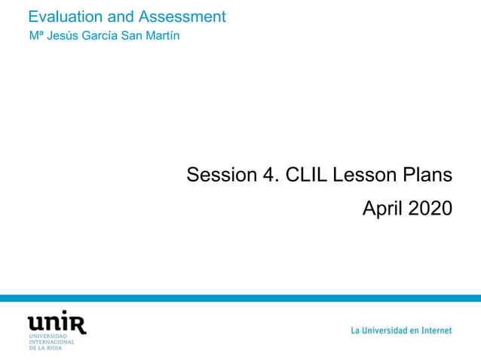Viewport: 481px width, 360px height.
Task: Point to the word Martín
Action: (x=164, y=36)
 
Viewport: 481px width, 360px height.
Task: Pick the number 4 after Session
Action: (x=269, y=175)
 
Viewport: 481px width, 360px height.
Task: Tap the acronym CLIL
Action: (x=307, y=175)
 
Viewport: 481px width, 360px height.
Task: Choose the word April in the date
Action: (x=382, y=209)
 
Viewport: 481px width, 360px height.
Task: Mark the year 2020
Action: (x=430, y=209)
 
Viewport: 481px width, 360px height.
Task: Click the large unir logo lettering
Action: (x=57, y=322)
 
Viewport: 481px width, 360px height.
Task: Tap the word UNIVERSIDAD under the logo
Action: (x=47, y=336)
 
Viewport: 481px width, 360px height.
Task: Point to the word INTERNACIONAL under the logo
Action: (x=51, y=342)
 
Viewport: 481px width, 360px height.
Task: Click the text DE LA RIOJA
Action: (x=46, y=348)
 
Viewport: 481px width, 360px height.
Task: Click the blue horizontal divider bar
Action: (x=240, y=298)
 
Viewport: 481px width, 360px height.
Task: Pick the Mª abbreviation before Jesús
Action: (x=35, y=36)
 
